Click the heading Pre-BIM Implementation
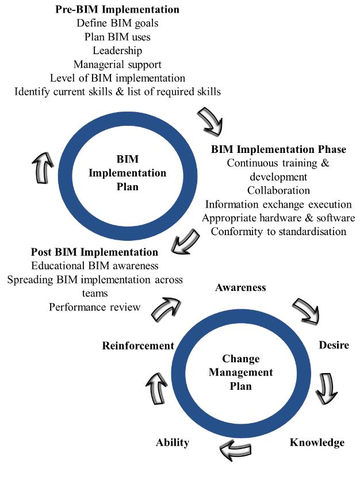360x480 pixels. point(117,10)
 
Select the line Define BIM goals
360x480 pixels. point(117,24)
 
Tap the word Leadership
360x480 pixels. point(117,51)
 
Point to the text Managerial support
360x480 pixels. point(117,64)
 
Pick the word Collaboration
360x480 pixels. point(278,190)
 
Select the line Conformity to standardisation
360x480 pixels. point(278,232)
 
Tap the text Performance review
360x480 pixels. point(95,307)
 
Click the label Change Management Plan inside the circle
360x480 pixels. point(240,372)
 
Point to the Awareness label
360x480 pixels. point(240,287)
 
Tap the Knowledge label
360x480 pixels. point(317,442)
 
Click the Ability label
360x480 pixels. point(172,442)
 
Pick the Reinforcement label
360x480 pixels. point(138,345)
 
